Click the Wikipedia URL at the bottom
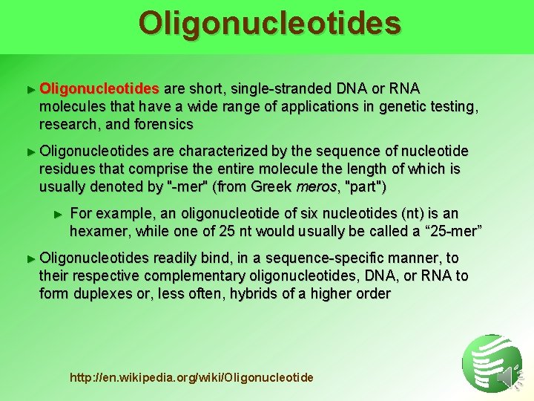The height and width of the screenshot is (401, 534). (191, 378)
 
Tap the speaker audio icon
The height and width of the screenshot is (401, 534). (507, 379)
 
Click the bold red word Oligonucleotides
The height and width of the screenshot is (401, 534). (99, 89)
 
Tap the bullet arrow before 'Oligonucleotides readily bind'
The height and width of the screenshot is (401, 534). (30, 258)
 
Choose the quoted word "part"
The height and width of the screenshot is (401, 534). (363, 186)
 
